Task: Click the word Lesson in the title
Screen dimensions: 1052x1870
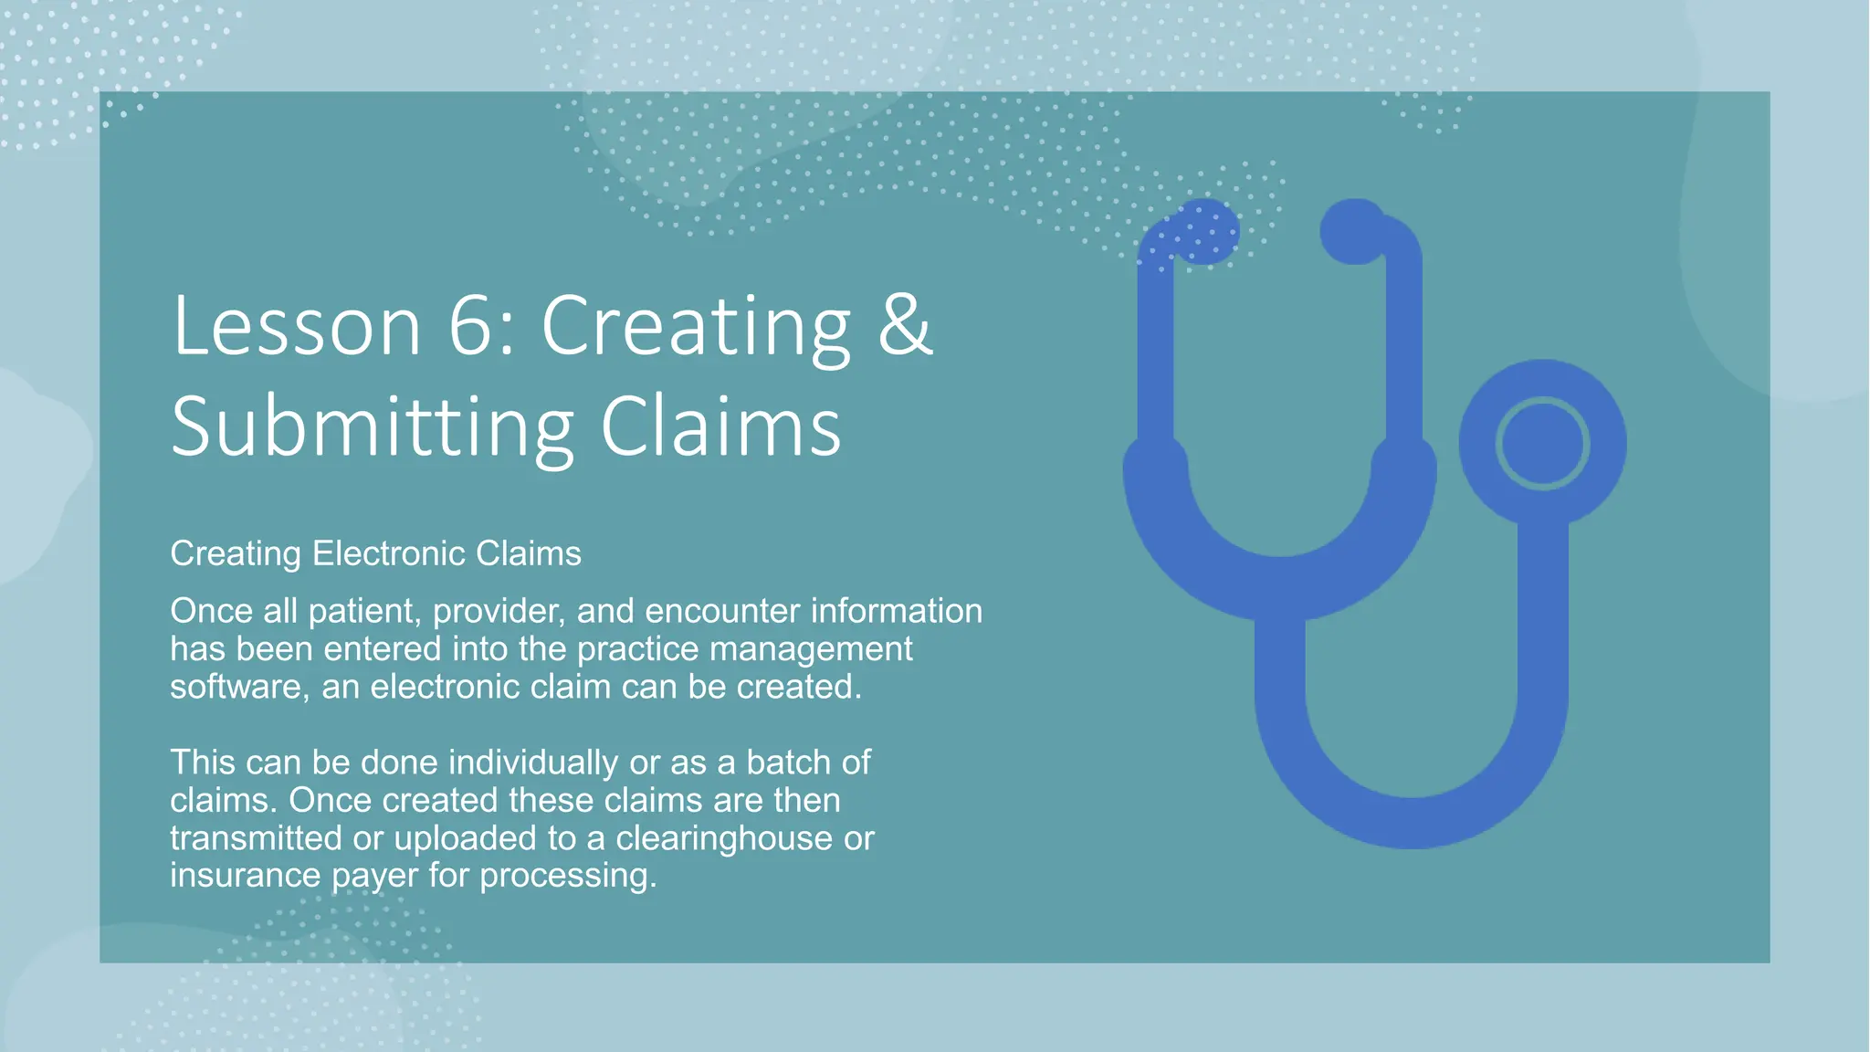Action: click(x=296, y=326)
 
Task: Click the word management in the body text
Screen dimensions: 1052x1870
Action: click(x=811, y=648)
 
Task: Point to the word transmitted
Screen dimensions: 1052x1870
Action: click(x=256, y=838)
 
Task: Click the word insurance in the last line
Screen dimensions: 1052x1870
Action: click(x=246, y=876)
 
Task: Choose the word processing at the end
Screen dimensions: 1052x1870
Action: click(x=568, y=877)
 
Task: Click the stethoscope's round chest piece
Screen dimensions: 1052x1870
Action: click(x=1542, y=444)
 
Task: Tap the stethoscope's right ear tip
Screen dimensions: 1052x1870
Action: click(x=1353, y=231)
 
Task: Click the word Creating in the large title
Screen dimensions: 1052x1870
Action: click(x=696, y=328)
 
